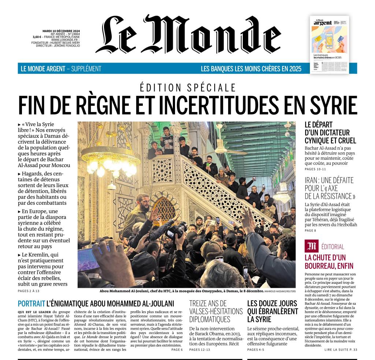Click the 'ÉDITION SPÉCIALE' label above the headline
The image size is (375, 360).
[x=187, y=88]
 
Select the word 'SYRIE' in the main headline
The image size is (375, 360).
[x=333, y=105]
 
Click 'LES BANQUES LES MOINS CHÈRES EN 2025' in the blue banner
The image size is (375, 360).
[x=251, y=69]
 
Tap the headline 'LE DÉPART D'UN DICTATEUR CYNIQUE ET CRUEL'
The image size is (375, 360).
[x=330, y=133]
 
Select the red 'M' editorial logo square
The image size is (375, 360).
[x=311, y=246]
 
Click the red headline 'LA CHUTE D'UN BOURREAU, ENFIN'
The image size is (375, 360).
[x=325, y=261]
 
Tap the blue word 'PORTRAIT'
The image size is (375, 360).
[x=31, y=303]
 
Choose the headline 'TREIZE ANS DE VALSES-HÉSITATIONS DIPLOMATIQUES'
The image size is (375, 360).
[x=216, y=311]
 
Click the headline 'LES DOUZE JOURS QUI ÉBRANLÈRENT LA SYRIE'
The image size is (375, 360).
[x=272, y=311]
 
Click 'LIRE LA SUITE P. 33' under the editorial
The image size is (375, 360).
[x=341, y=350]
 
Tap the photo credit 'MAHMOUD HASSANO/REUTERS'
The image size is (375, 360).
[x=280, y=291]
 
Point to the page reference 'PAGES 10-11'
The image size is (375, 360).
[x=315, y=169]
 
